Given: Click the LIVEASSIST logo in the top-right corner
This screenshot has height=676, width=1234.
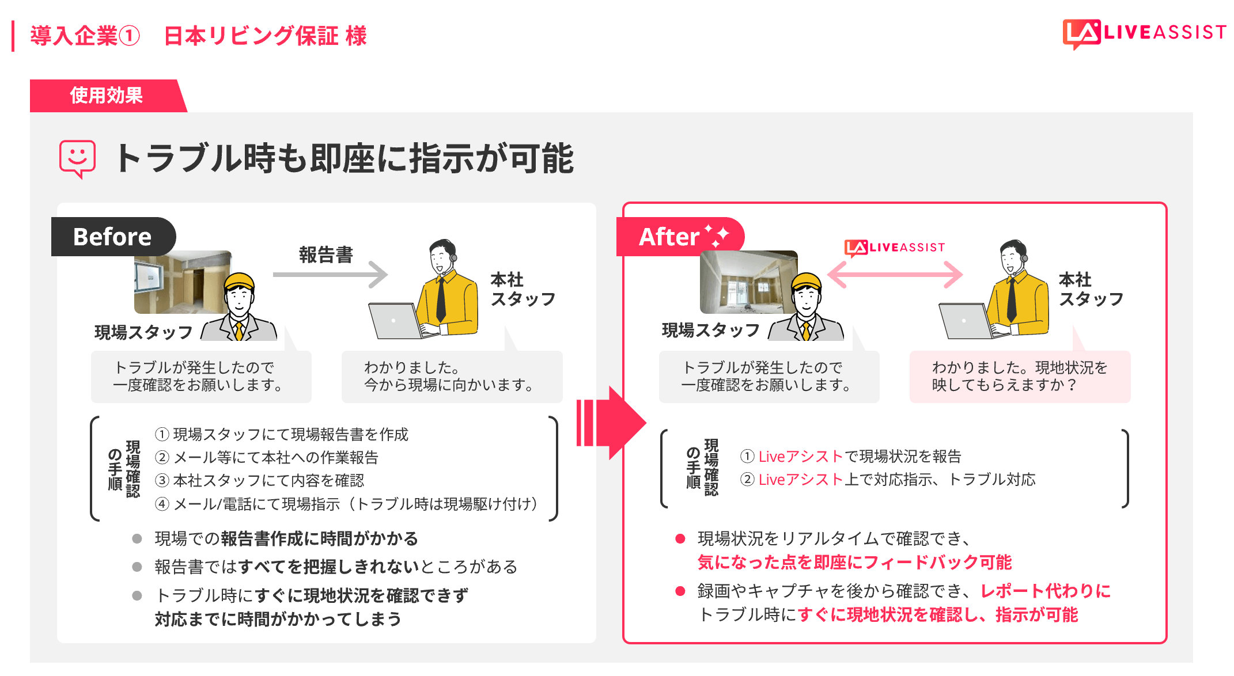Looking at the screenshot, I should (1144, 33).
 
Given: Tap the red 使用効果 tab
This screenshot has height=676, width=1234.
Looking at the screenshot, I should (107, 96).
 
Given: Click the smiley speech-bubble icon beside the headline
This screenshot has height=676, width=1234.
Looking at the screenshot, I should (77, 158).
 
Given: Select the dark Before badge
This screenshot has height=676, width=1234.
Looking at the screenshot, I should (112, 237).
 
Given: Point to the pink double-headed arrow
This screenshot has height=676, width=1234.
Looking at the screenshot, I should (895, 275).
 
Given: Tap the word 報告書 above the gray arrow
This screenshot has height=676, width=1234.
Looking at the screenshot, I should (325, 255).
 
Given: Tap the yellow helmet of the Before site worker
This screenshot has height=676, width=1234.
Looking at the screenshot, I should (239, 282).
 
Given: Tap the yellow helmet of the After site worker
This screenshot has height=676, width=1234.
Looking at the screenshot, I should (806, 282).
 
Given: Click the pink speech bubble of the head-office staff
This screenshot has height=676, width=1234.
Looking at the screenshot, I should (1020, 376).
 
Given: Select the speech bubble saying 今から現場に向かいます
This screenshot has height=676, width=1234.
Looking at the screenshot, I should (452, 376).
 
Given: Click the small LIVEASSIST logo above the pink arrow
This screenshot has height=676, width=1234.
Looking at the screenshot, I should (895, 248).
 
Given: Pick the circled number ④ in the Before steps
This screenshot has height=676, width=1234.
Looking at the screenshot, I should (162, 504).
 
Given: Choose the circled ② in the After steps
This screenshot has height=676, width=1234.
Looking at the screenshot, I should (747, 480).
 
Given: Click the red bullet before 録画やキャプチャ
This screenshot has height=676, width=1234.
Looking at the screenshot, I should (680, 591).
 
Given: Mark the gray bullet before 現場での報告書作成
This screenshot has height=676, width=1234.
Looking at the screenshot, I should (137, 539).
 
